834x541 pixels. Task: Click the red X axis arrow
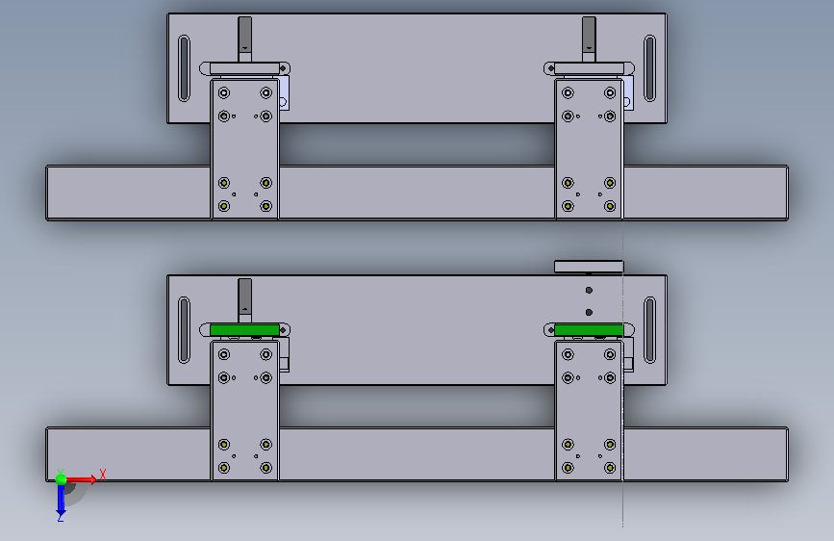(81, 479)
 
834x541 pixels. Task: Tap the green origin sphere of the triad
(61, 479)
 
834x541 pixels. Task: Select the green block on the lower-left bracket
(244, 329)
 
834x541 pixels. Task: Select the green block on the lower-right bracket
(589, 329)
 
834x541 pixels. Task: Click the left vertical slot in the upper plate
(184, 68)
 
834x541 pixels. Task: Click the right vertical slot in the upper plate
(649, 68)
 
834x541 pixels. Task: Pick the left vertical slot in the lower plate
(184, 330)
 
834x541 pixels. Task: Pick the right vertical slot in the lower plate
(649, 330)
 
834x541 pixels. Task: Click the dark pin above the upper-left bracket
(244, 39)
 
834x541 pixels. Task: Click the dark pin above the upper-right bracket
(589, 39)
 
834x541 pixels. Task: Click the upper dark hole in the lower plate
(589, 290)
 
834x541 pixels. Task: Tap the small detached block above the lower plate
(589, 267)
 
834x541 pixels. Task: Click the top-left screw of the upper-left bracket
(224, 93)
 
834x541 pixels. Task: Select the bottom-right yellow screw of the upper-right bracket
(610, 206)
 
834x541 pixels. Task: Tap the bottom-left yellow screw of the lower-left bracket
(224, 468)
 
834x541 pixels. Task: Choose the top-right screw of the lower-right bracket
(610, 354)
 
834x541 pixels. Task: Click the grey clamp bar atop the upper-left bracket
(244, 68)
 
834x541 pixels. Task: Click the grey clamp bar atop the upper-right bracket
(589, 68)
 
